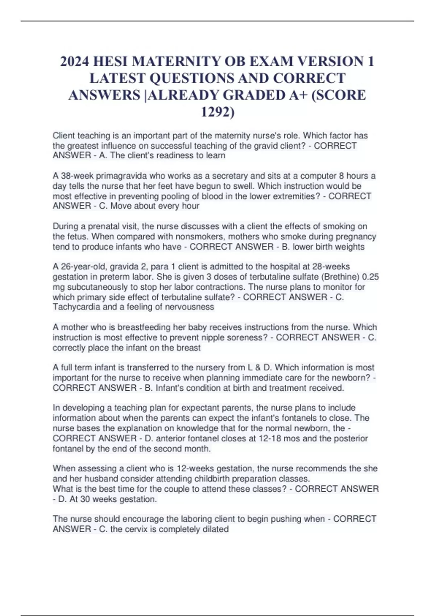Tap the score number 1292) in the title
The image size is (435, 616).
click(x=217, y=112)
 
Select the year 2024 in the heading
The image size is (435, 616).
click(x=75, y=62)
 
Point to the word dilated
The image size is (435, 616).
click(x=215, y=529)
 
